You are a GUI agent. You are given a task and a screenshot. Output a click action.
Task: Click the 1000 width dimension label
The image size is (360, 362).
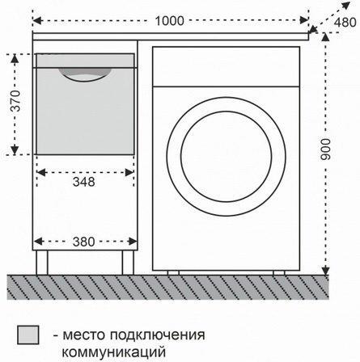click(x=170, y=21)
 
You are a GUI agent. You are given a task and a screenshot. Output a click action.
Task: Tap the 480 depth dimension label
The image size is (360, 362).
click(x=345, y=23)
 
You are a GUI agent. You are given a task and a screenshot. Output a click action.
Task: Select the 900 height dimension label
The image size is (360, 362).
click(x=325, y=149)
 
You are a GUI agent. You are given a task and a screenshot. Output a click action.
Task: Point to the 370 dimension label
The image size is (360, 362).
click(x=15, y=101)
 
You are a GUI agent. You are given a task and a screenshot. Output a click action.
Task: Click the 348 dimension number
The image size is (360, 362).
click(x=84, y=182)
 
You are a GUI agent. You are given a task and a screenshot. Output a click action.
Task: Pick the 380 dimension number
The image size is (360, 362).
click(x=84, y=242)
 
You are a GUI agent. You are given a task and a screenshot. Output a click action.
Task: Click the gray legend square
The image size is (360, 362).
click(x=28, y=335)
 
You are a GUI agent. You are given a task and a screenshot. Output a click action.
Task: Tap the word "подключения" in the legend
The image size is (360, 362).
click(x=157, y=335)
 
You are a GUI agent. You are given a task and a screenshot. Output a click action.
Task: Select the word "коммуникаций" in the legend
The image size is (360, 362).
click(x=114, y=351)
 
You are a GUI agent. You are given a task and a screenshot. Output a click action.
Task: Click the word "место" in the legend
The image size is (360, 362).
click(x=84, y=335)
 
